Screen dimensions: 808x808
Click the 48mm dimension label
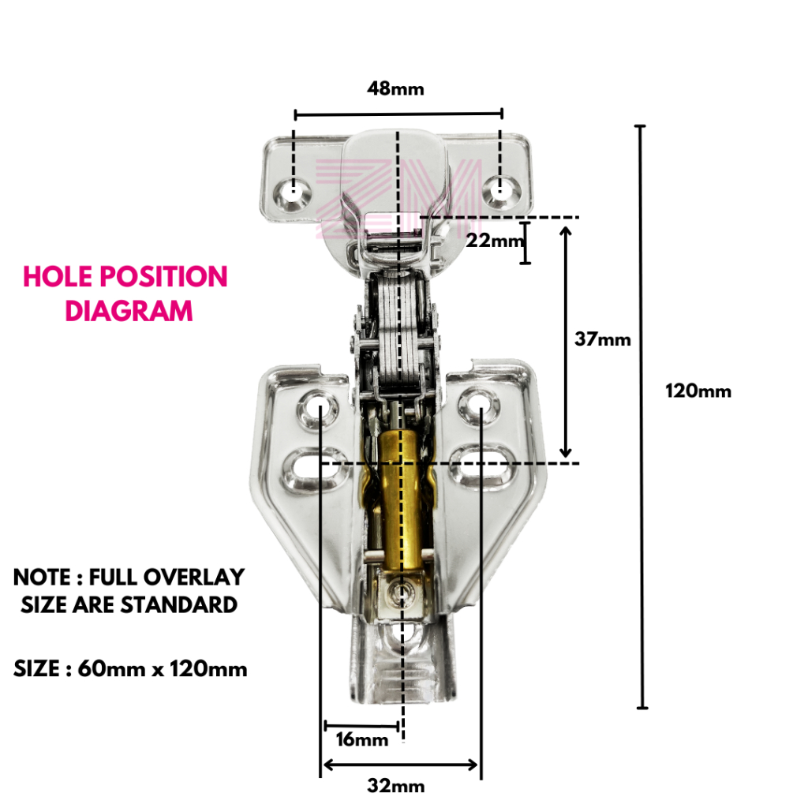tap(395, 88)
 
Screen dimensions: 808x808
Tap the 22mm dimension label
tap(494, 241)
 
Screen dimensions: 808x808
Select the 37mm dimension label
tap(604, 339)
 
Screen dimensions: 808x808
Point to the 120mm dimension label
tap(698, 391)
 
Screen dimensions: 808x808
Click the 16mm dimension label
tap(362, 739)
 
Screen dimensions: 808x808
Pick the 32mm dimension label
tap(396, 786)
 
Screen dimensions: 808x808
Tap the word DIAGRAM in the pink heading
tap(129, 310)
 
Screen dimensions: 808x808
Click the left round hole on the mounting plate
tap(319, 407)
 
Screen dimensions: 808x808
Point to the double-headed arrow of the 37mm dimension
tap(565, 340)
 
